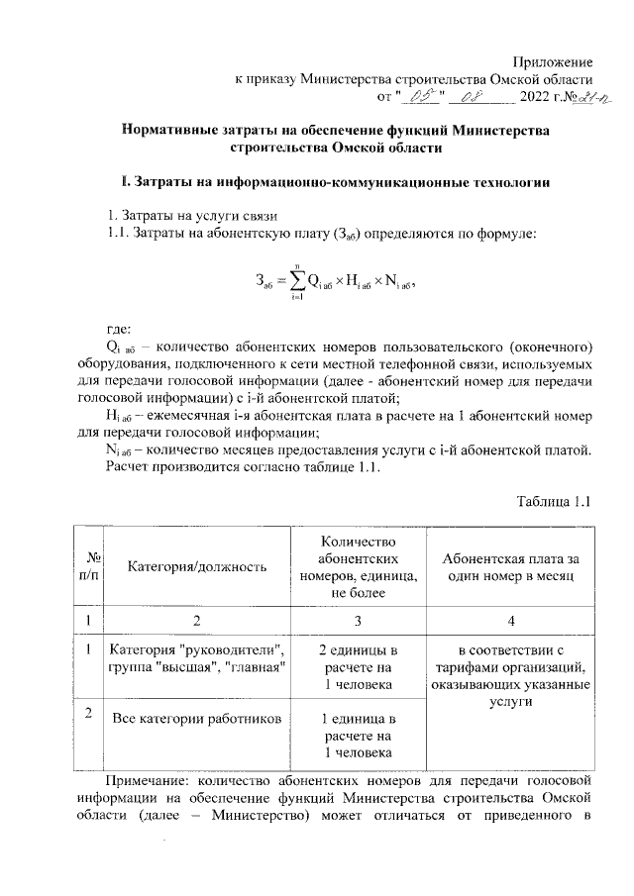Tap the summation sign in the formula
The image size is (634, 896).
point(295,279)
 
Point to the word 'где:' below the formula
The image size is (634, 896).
point(118,329)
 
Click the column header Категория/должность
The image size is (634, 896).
point(197,566)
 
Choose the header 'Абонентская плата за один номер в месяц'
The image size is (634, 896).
point(510,566)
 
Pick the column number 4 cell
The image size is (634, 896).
point(510,621)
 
